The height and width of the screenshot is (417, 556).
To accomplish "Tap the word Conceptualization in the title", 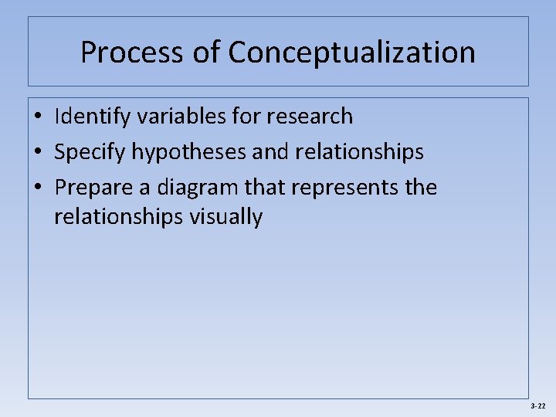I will (351, 53).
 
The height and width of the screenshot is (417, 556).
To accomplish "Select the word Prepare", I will (93, 188).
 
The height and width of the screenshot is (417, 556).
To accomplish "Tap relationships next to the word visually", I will (119, 217).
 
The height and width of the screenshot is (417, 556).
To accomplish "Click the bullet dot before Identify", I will (37, 117).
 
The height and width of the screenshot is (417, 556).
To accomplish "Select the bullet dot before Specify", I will (37, 153).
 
